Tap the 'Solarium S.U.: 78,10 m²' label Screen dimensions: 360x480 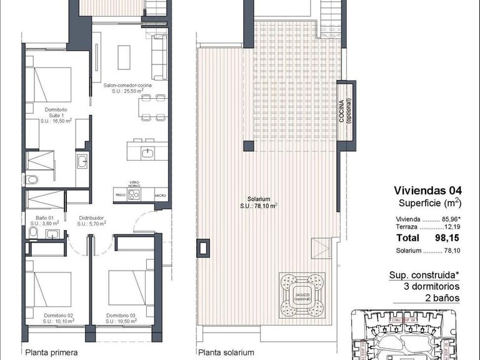tap(259, 201)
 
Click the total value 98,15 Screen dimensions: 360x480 tap(447, 238)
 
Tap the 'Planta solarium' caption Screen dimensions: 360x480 tap(226, 352)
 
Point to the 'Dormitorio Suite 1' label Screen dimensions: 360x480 tap(56, 116)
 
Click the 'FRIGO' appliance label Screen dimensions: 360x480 tap(120, 196)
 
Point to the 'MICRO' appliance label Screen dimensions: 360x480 tap(160, 196)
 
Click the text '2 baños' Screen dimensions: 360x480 tap(442, 298)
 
